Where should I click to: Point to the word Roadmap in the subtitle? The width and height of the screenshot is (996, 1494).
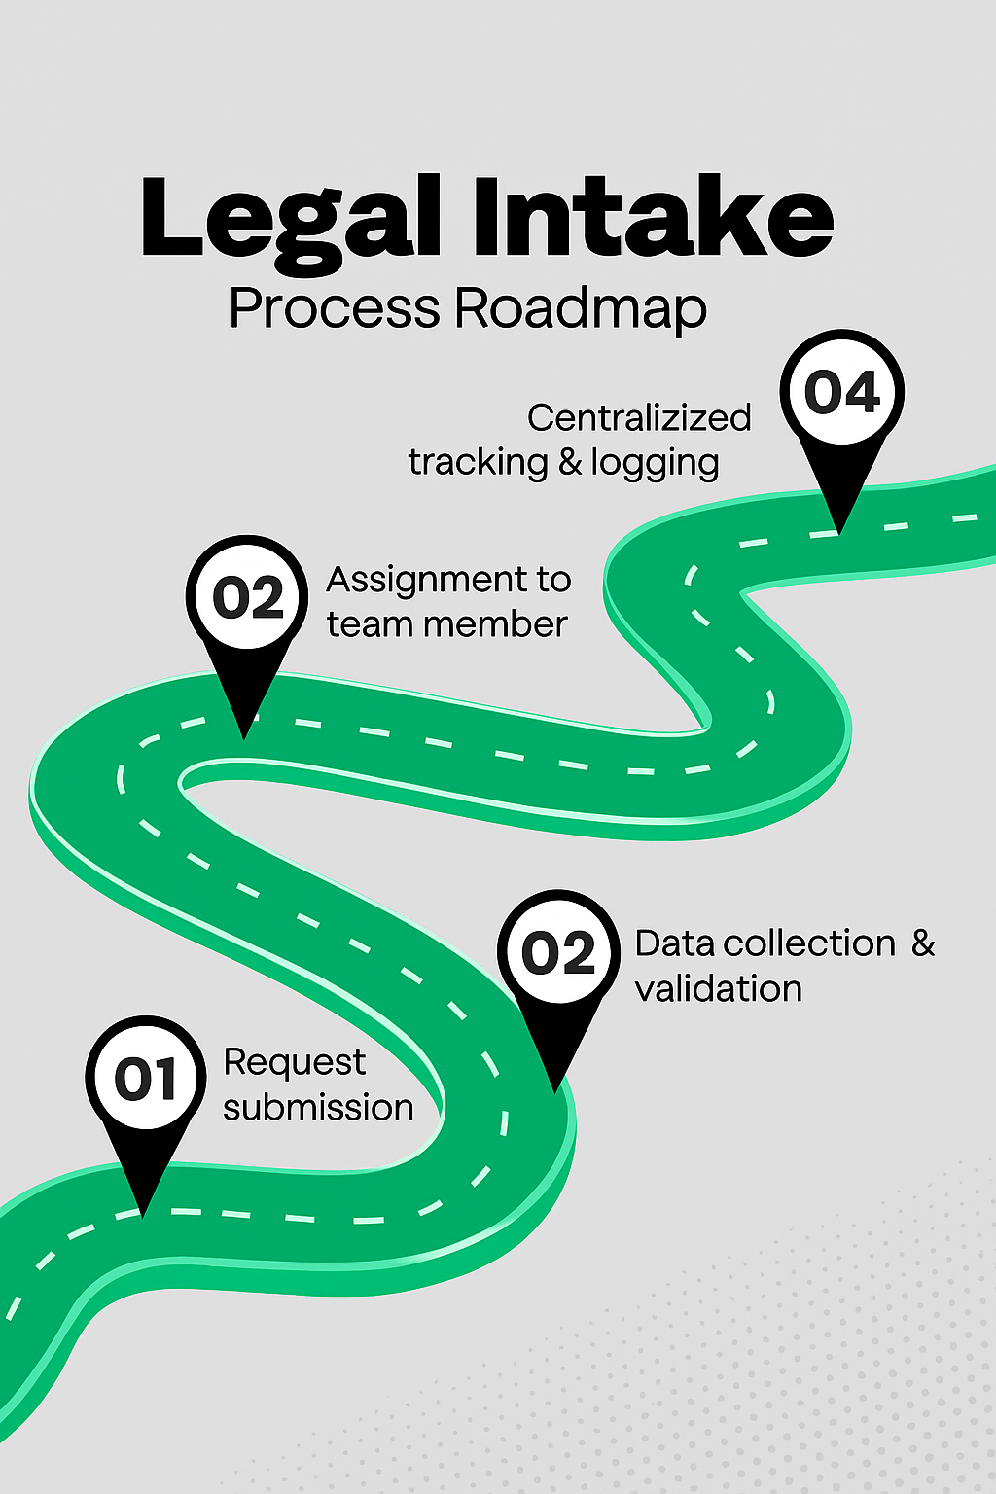(581, 309)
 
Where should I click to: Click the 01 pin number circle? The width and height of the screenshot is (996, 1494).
(146, 1078)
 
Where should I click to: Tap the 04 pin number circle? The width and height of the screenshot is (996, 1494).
(842, 392)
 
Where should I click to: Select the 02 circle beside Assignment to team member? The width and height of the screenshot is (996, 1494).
(247, 596)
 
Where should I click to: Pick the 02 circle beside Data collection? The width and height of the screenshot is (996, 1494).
(558, 952)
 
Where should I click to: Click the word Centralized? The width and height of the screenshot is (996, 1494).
(639, 418)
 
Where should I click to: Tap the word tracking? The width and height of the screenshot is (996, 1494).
(478, 463)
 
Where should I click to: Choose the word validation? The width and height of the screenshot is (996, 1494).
(719, 989)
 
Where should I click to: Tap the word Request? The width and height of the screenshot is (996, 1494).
(295, 1063)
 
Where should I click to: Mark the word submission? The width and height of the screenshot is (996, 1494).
(318, 1108)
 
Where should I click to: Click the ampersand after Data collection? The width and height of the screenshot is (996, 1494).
(923, 943)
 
